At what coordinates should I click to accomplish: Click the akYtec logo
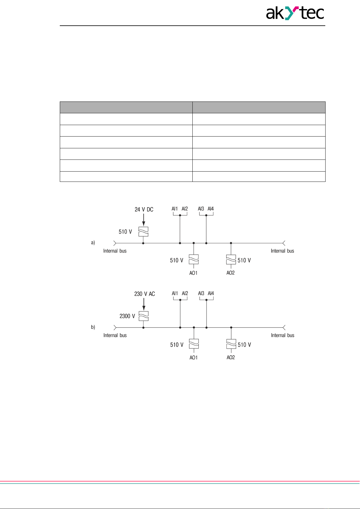[x=295, y=14]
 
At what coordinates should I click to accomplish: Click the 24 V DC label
[x=144, y=209]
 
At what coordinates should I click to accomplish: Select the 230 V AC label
[x=144, y=294]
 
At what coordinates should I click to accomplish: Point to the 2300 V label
[x=127, y=316]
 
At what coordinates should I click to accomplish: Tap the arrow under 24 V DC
[x=143, y=220]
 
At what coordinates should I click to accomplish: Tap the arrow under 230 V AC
[x=144, y=304]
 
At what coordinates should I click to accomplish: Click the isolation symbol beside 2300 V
[x=143, y=316]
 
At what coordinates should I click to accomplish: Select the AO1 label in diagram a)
[x=193, y=273]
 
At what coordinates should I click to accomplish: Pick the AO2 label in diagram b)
[x=231, y=357]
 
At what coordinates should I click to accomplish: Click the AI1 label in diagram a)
[x=175, y=209]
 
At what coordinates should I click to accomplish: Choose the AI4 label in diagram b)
[x=211, y=293]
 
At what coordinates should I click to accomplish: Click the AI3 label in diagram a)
[x=201, y=209]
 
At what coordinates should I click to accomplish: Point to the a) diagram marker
[x=93, y=242]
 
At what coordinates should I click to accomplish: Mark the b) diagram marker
[x=93, y=327]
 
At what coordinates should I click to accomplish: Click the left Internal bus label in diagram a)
[x=115, y=251]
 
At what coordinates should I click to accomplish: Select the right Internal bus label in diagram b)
[x=282, y=335]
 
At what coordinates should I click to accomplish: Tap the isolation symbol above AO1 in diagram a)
[x=194, y=259]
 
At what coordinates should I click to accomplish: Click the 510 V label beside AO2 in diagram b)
[x=244, y=345]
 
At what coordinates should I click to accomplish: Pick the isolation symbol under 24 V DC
[x=143, y=231]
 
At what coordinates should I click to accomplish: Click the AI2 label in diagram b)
[x=185, y=293]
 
